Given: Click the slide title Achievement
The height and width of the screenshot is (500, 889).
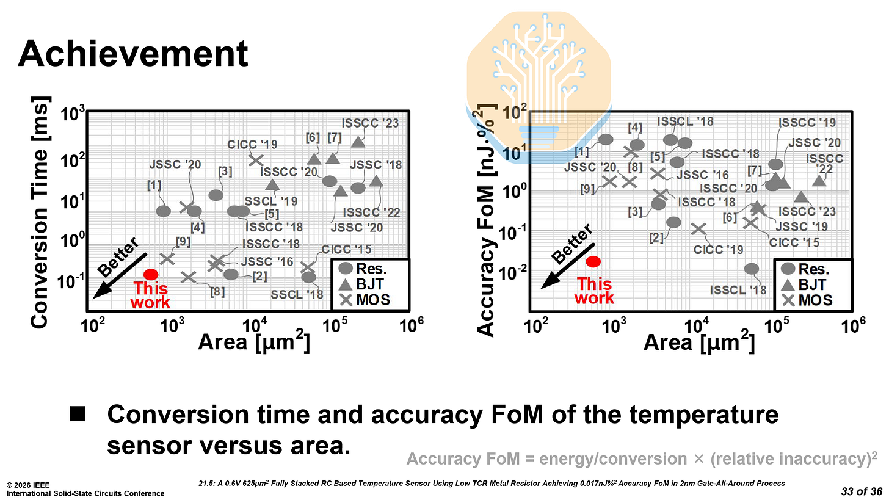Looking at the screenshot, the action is click(133, 54).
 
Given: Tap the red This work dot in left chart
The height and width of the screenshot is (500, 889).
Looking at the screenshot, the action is click(151, 275).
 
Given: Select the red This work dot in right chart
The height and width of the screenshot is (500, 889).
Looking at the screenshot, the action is click(593, 261).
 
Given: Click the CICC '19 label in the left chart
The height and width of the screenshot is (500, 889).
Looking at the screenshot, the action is click(253, 145).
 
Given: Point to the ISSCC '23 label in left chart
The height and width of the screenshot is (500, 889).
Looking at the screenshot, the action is click(370, 123).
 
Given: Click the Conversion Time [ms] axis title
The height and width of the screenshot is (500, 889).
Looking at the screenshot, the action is click(40, 212).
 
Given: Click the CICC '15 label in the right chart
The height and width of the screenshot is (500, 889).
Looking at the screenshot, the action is click(794, 242).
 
